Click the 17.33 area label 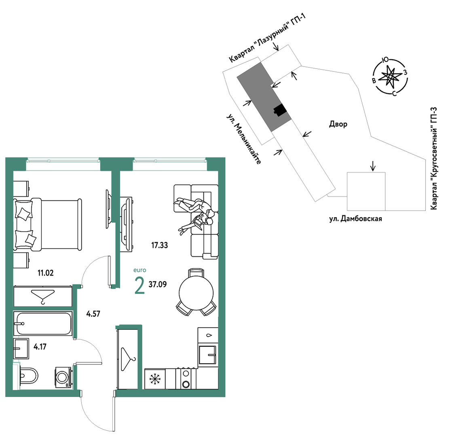click(x=160, y=245)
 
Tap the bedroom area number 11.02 click(x=46, y=273)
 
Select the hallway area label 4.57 click(x=93, y=313)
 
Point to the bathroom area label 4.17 click(x=40, y=347)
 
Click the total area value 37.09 click(x=158, y=284)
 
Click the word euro click(x=140, y=270)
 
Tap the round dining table click(x=196, y=293)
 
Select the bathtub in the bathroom click(x=43, y=324)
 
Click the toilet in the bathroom click(x=29, y=375)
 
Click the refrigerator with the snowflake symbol click(x=155, y=379)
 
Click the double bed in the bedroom click(x=48, y=224)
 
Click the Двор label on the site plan click(x=338, y=124)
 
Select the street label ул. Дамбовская click(x=355, y=219)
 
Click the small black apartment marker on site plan click(x=280, y=110)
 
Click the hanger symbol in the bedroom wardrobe click(x=43, y=296)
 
